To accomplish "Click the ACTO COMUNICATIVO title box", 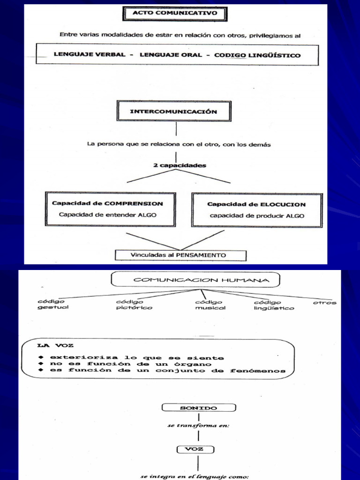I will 175,14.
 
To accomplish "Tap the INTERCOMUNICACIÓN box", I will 173,112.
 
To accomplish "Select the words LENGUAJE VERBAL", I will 90,55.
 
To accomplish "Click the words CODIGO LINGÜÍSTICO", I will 257,55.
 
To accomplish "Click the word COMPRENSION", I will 134,204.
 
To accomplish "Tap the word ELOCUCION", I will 282,204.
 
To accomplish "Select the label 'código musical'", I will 210,305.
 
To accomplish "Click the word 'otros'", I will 325,303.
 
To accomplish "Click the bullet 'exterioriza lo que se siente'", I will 134,358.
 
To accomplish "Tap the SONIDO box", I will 199,408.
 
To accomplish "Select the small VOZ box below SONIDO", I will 195,449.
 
